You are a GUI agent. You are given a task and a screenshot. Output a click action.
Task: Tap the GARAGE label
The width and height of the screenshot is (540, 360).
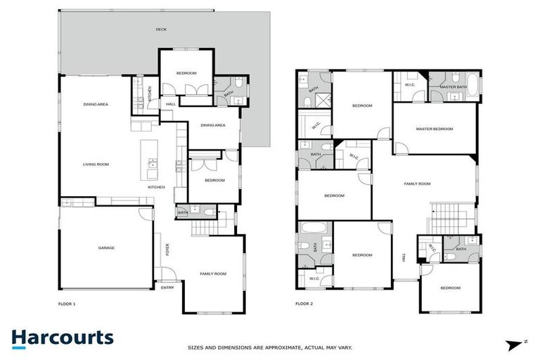106,247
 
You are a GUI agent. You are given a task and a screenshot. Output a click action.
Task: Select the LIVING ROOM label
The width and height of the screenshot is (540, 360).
96,164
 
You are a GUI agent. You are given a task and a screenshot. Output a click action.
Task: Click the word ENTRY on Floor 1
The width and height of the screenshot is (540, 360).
167,288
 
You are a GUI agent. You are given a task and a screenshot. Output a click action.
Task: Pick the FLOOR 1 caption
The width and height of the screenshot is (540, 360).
67,304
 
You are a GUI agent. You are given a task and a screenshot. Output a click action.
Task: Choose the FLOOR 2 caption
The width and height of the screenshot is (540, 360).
304,304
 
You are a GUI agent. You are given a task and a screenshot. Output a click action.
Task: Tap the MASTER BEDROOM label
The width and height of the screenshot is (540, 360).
434,129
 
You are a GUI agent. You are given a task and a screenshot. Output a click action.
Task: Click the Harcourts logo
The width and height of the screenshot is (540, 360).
62,338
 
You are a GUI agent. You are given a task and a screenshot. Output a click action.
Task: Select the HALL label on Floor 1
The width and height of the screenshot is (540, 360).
171,105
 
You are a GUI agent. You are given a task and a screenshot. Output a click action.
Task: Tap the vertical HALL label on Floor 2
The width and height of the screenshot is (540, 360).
404,258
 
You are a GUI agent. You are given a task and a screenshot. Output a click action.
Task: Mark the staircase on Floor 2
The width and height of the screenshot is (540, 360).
444,217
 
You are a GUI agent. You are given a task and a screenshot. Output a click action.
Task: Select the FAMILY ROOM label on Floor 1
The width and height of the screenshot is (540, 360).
213,274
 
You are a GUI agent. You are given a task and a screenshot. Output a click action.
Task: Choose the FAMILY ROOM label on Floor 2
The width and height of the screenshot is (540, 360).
417,184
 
